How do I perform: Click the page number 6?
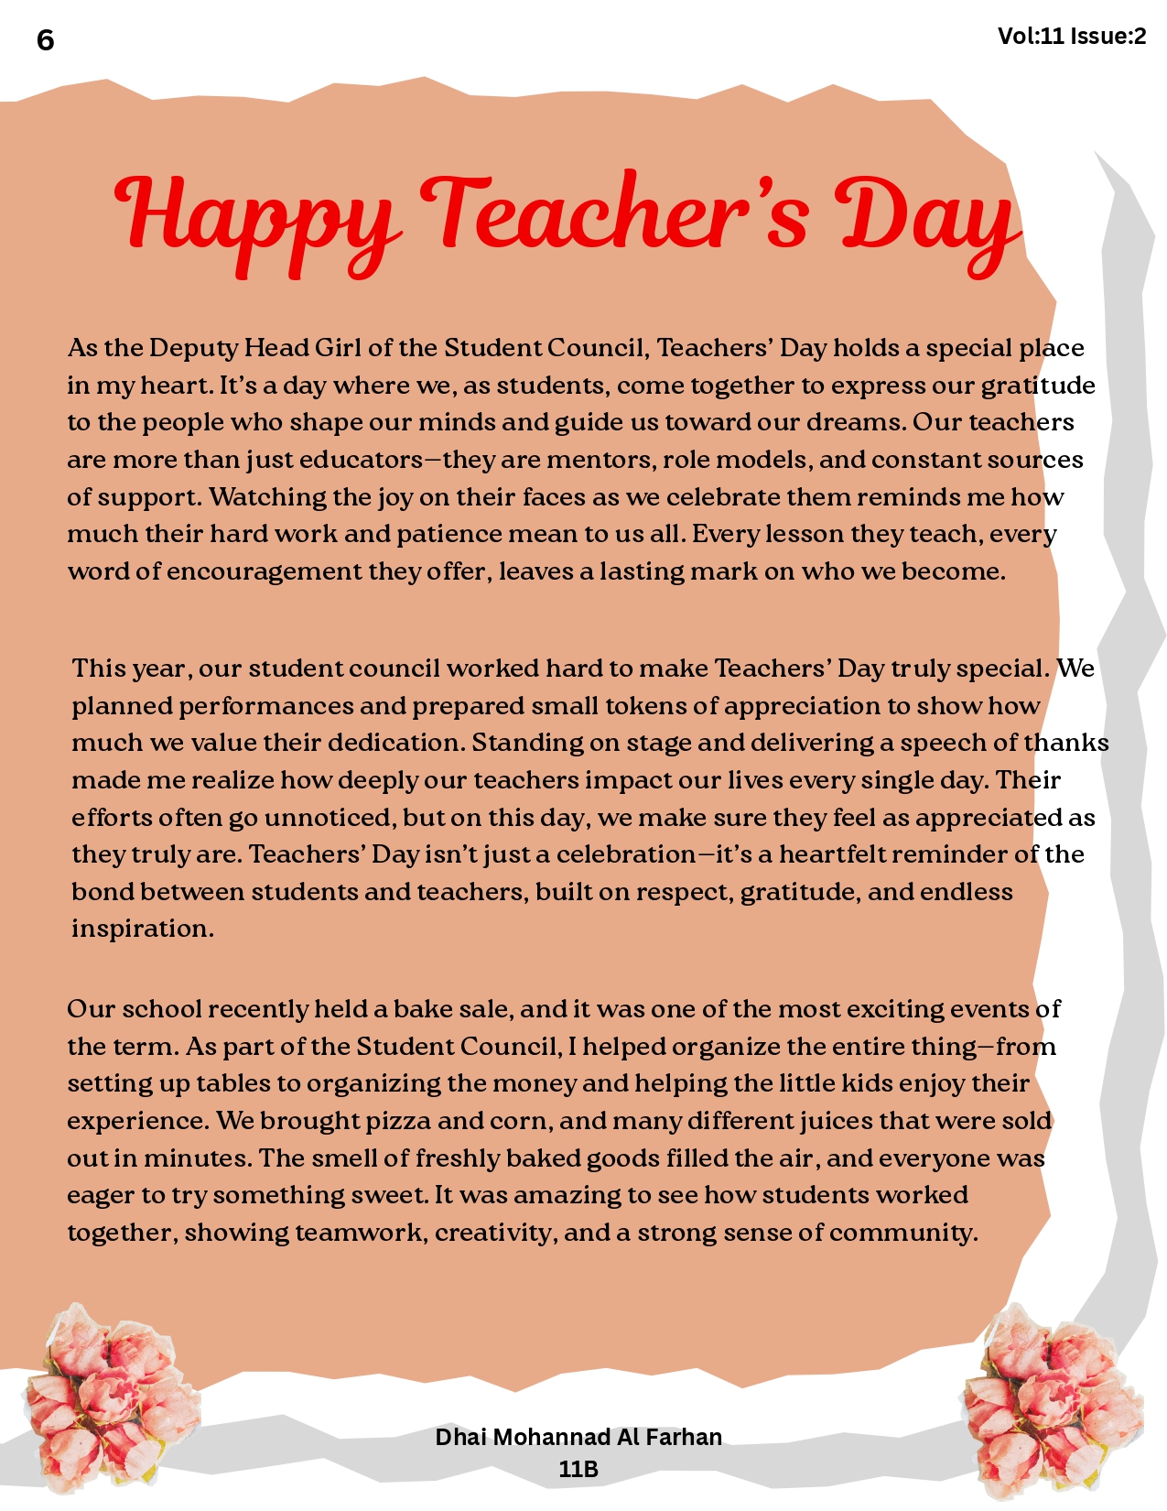point(46,40)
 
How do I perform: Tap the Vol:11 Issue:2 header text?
point(1071,37)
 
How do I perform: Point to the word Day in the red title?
point(924,220)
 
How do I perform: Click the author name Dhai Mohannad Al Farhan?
point(578,1437)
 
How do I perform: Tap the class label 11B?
point(578,1469)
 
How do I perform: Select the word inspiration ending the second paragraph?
point(141,929)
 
